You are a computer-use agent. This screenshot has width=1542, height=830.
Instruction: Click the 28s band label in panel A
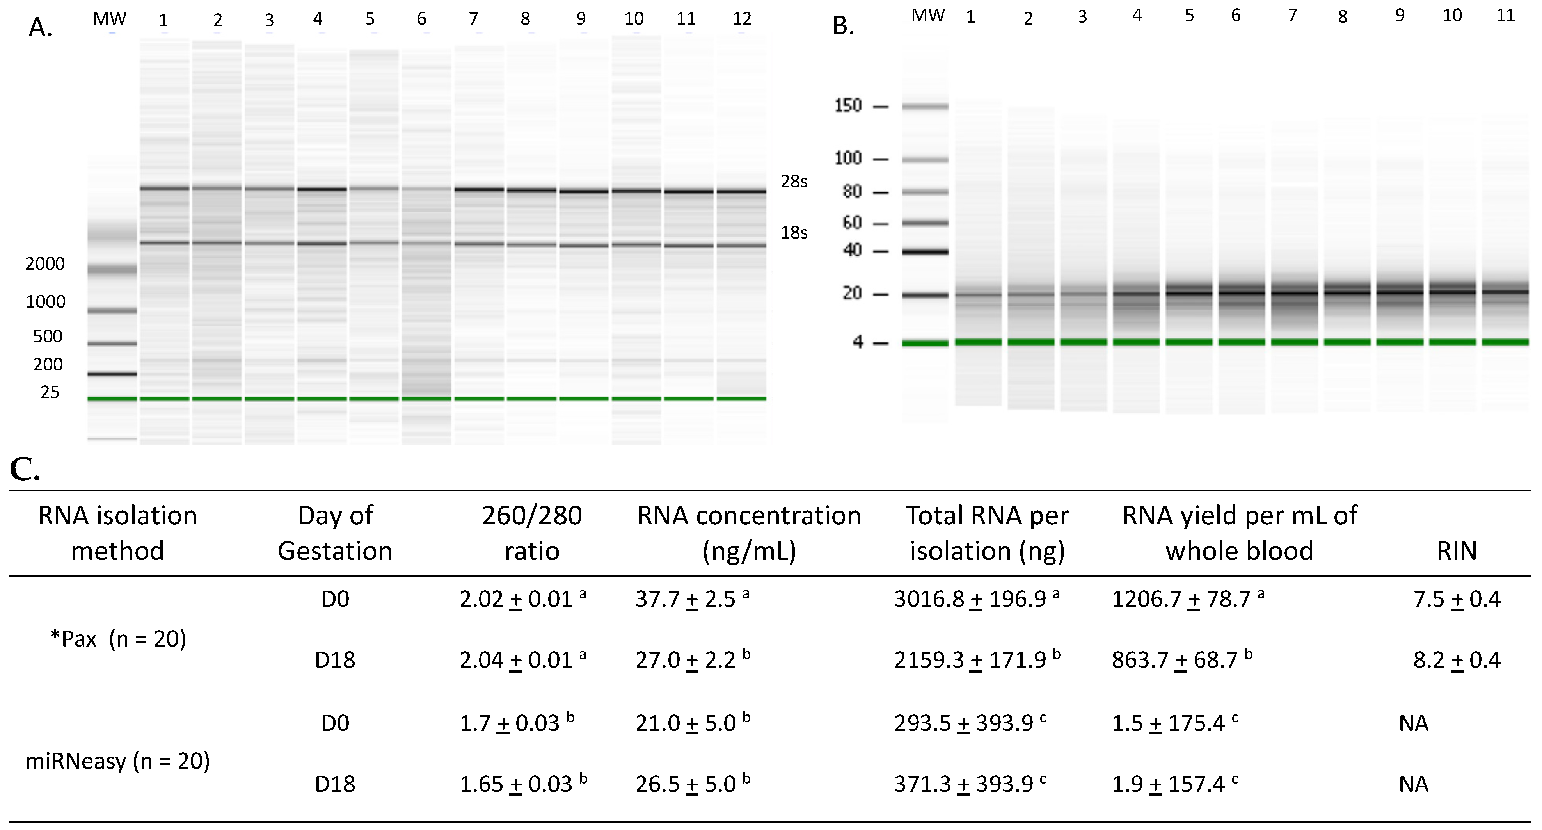pyautogui.click(x=794, y=182)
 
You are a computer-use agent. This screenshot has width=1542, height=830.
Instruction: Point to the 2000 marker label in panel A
pyautogui.click(x=45, y=264)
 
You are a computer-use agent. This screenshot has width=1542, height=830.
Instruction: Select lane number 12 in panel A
pyautogui.click(x=742, y=19)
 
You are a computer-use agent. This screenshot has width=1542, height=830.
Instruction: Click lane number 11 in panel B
pyautogui.click(x=1505, y=16)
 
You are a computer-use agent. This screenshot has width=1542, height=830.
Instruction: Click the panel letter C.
pyautogui.click(x=25, y=472)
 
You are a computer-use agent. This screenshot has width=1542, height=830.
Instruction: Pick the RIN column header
pyautogui.click(x=1457, y=550)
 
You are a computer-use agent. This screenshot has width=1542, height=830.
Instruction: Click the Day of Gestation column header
pyautogui.click(x=335, y=533)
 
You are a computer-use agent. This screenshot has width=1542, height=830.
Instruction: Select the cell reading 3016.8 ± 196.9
pyautogui.click(x=971, y=599)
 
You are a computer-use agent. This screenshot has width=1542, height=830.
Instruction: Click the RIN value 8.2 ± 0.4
pyautogui.click(x=1457, y=659)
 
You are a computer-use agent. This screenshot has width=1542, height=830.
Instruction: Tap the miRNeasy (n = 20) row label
pyautogui.click(x=117, y=761)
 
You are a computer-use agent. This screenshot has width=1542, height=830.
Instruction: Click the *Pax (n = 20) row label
pyautogui.click(x=118, y=639)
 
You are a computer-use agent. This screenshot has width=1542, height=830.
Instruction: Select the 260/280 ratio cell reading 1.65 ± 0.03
pyautogui.click(x=516, y=784)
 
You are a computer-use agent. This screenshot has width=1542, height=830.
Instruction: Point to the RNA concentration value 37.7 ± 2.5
pyautogui.click(x=686, y=599)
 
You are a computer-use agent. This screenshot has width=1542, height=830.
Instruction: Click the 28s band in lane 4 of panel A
pyautogui.click(x=322, y=189)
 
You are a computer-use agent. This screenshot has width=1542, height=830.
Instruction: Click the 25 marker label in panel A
pyautogui.click(x=50, y=392)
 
